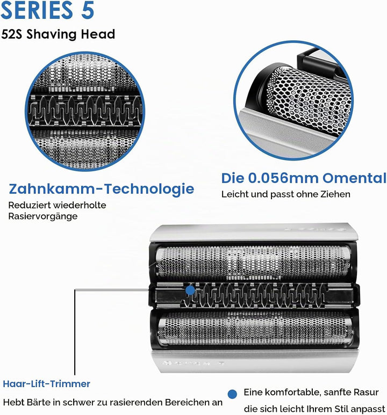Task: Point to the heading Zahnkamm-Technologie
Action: (x=101, y=189)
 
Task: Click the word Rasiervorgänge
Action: (x=43, y=216)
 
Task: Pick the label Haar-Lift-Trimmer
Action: (x=47, y=384)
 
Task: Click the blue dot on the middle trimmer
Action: (x=190, y=290)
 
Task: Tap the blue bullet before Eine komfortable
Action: (x=232, y=394)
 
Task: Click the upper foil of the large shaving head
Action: (x=253, y=263)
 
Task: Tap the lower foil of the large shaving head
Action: (x=255, y=328)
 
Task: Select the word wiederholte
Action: (x=80, y=205)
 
